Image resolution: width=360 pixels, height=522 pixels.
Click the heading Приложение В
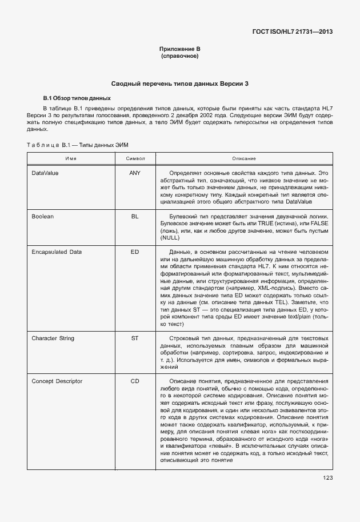click(179, 50)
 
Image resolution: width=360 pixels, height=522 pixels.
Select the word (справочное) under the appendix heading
click(179, 57)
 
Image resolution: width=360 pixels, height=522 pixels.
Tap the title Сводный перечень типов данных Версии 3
click(179, 83)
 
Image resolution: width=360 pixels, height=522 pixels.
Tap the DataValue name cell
click(45, 172)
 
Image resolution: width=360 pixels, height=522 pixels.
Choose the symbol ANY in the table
click(135, 172)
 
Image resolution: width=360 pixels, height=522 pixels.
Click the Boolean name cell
click(42, 217)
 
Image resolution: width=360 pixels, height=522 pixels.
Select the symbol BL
click(135, 217)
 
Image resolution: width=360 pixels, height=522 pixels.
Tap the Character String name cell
click(53, 338)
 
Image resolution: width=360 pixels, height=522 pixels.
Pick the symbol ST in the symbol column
click(135, 338)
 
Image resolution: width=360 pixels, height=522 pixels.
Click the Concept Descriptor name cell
click(57, 381)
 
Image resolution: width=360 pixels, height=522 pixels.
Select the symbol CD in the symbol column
click(135, 381)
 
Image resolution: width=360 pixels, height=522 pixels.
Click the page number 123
click(327, 478)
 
